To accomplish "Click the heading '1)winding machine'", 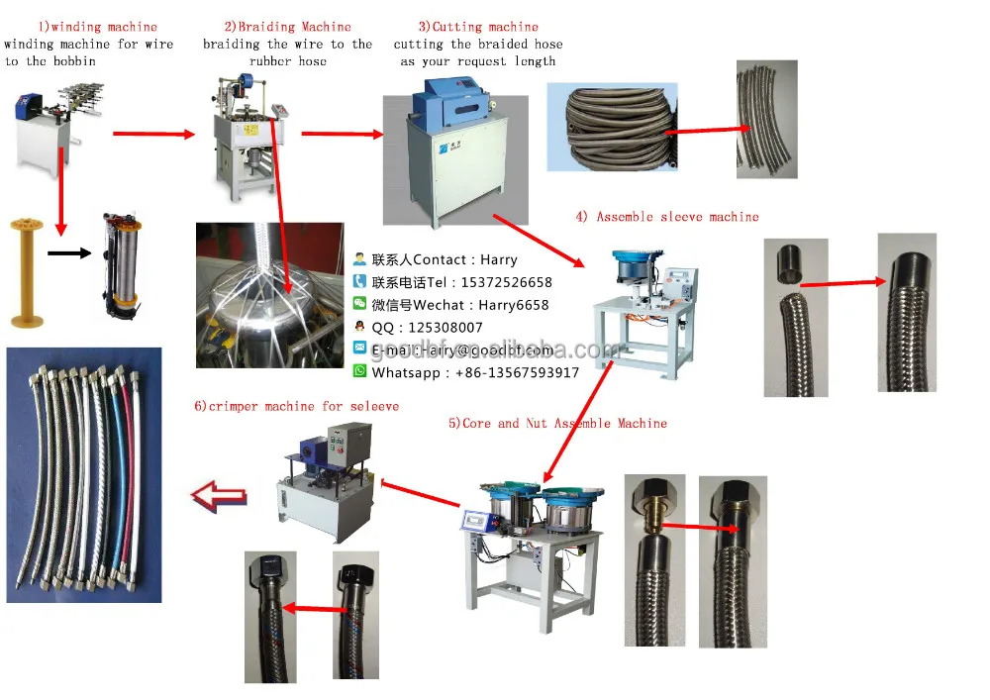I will (97, 27).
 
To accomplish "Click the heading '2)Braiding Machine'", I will (287, 27).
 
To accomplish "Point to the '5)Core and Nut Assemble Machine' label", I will (557, 423).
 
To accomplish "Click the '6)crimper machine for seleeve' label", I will (297, 406).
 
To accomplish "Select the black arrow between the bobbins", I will (68, 255).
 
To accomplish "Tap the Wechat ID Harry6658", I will (514, 305).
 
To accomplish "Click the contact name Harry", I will (499, 259).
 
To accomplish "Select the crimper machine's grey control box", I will (350, 447).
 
